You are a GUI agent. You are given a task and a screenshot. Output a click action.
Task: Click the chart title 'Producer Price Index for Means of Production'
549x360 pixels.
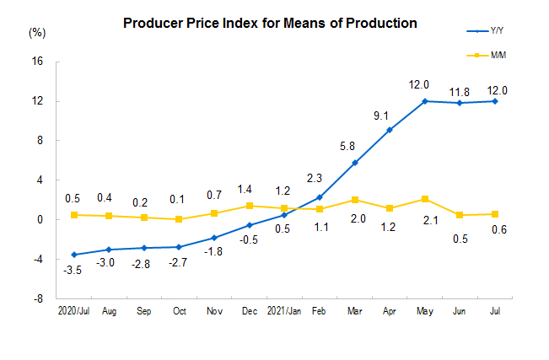pyautogui.click(x=270, y=23)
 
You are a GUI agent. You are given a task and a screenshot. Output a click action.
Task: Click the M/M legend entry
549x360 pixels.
pyautogui.click(x=486, y=56)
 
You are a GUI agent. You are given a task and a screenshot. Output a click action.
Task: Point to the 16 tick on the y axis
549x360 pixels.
pyautogui.click(x=38, y=62)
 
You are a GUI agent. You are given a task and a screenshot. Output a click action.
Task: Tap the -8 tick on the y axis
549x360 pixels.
pyautogui.click(x=38, y=298)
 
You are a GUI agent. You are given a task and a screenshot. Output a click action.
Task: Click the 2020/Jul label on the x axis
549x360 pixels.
pyautogui.click(x=74, y=311)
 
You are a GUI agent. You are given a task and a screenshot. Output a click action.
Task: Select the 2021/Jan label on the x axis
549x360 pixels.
pyautogui.click(x=283, y=311)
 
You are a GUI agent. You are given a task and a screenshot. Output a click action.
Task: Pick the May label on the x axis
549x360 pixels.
pyautogui.click(x=424, y=311)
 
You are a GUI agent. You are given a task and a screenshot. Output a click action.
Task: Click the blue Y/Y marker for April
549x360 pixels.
pyautogui.click(x=389, y=130)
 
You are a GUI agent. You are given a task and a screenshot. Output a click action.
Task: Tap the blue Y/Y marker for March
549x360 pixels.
pyautogui.click(x=354, y=163)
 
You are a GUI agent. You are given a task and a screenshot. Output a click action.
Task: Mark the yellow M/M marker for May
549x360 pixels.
pyautogui.click(x=424, y=199)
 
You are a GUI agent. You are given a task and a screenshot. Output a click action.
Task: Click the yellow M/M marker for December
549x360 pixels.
pyautogui.click(x=249, y=206)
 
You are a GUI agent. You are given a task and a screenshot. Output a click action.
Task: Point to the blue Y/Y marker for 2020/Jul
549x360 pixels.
pyautogui.click(x=74, y=255)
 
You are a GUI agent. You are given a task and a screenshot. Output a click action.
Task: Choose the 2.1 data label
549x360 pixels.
pyautogui.click(x=425, y=222)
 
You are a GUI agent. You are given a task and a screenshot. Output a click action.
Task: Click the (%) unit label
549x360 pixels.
pyautogui.click(x=37, y=33)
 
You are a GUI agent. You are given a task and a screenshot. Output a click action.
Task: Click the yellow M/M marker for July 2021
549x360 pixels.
pyautogui.click(x=494, y=214)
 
